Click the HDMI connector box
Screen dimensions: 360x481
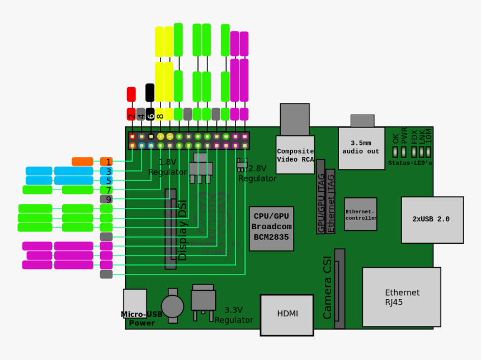(287, 315)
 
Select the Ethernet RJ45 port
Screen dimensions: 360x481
(401, 297)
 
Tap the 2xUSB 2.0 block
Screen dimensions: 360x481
(432, 220)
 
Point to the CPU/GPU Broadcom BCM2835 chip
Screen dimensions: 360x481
(271, 228)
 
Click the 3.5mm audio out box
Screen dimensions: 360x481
(361, 148)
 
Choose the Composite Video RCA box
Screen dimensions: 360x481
(295, 155)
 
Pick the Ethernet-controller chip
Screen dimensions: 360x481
(360, 214)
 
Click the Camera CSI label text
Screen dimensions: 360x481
(328, 287)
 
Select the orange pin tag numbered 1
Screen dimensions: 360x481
(106, 162)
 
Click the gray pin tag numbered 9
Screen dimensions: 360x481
(106, 199)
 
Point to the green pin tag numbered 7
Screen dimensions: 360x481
(106, 190)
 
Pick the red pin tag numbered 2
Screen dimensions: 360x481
(131, 115)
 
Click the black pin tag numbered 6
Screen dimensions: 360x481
(150, 115)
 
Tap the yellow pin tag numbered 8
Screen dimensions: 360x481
(159, 115)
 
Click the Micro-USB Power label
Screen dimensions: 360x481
(142, 319)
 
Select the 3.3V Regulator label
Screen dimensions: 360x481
(234, 315)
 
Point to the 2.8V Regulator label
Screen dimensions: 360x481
(257, 173)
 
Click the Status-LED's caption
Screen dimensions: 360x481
(410, 163)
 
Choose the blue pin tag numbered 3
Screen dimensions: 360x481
(106, 172)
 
